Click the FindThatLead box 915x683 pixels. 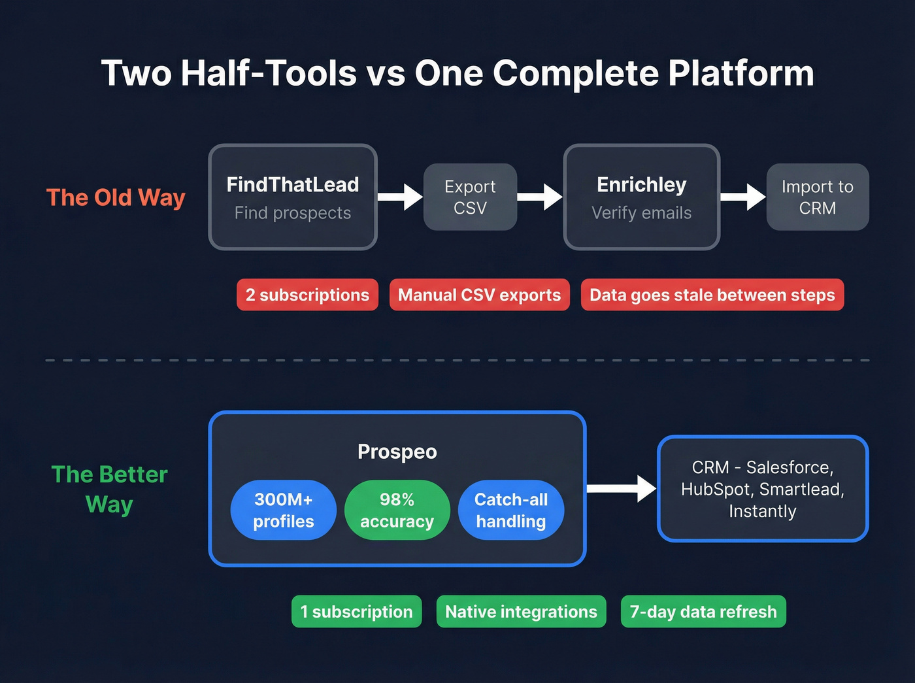tap(293, 197)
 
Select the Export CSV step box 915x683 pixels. tap(470, 197)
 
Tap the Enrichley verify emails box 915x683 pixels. tap(641, 197)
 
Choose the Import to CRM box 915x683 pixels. tap(817, 197)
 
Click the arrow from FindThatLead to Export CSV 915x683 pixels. tap(401, 197)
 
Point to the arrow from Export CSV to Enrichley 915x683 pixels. tap(540, 197)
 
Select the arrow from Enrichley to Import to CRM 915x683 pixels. tap(743, 197)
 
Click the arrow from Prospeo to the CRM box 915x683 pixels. tap(622, 488)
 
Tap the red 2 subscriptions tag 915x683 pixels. tap(307, 295)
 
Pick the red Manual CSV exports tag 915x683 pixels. tap(479, 295)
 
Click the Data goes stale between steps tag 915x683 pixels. tap(712, 295)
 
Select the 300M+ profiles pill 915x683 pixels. tap(284, 510)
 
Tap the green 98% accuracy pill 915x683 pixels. tap(397, 510)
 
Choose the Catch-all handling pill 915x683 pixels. tap(511, 510)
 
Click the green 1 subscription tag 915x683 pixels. tap(356, 612)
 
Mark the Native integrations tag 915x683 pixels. tap(521, 612)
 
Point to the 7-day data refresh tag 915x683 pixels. tap(703, 612)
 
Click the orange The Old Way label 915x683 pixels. tap(116, 197)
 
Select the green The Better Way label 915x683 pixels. tap(109, 490)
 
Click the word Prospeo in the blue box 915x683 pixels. tap(397, 452)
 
